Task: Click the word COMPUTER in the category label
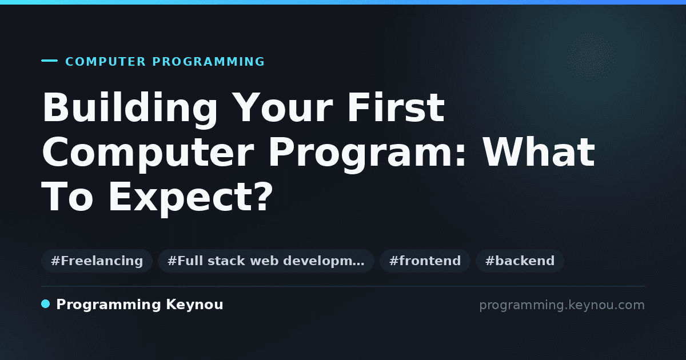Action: click(x=106, y=62)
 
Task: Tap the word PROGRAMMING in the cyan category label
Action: click(x=209, y=62)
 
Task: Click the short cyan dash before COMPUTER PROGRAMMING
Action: click(x=49, y=61)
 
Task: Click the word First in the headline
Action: click(x=396, y=107)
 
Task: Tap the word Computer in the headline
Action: click(x=148, y=154)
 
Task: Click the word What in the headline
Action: click(x=539, y=152)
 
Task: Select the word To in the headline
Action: click(x=67, y=196)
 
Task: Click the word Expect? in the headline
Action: click(x=190, y=198)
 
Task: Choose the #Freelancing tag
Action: click(x=97, y=261)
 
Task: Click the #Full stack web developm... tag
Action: click(x=266, y=261)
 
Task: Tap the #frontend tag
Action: click(x=425, y=261)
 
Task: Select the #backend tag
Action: click(x=520, y=261)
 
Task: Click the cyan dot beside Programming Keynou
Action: click(x=46, y=304)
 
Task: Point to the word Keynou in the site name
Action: click(x=194, y=305)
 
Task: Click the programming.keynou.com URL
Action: click(x=562, y=306)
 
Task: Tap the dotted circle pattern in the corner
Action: click(x=591, y=57)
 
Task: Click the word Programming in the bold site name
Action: click(x=109, y=305)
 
